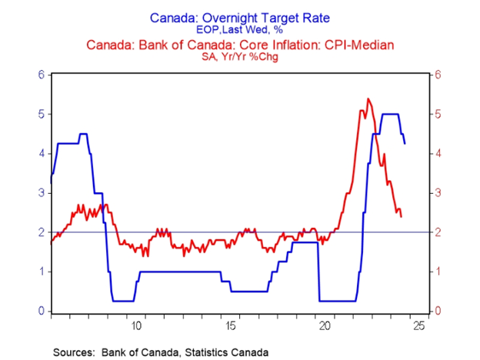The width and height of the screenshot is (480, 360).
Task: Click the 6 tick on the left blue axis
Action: coord(42,75)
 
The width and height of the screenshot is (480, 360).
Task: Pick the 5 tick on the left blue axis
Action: coord(42,114)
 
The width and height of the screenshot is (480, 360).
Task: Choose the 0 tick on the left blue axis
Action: coord(42,311)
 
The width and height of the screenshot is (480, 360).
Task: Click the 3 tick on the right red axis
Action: coord(437,193)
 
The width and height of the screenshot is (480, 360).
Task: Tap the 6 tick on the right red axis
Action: coord(437,75)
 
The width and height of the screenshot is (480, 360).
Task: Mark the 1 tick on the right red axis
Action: coord(437,272)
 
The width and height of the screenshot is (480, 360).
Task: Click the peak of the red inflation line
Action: coord(368,98)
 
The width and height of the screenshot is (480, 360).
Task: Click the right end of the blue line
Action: coord(405,143)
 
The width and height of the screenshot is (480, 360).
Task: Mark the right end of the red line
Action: coord(401,216)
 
